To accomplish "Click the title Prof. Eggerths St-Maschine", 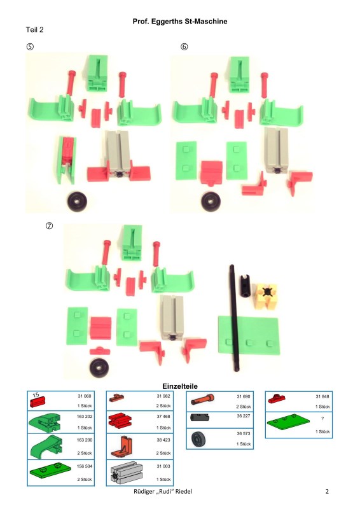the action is click(x=180, y=22).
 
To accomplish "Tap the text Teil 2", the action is click(x=34, y=29).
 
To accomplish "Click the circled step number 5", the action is click(x=30, y=46).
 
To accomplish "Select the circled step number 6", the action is click(x=184, y=46).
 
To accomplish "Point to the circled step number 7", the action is click(x=49, y=226).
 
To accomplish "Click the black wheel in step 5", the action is click(x=77, y=201).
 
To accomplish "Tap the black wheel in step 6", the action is click(x=211, y=202).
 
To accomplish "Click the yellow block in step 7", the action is click(x=266, y=295).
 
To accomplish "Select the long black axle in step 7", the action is click(x=234, y=318).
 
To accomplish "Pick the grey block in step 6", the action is click(x=276, y=150).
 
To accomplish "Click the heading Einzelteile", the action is click(x=180, y=386).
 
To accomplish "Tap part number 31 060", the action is click(x=85, y=396).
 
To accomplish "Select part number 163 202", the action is click(x=85, y=417).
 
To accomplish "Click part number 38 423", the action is click(x=163, y=440).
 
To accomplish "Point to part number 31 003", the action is click(x=163, y=466).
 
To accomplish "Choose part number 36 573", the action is click(x=244, y=433).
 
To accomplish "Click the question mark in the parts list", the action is click(x=322, y=419).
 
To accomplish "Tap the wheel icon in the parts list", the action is click(x=198, y=439).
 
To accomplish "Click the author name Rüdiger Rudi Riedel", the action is click(x=163, y=491).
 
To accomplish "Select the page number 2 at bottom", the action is click(x=327, y=491).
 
